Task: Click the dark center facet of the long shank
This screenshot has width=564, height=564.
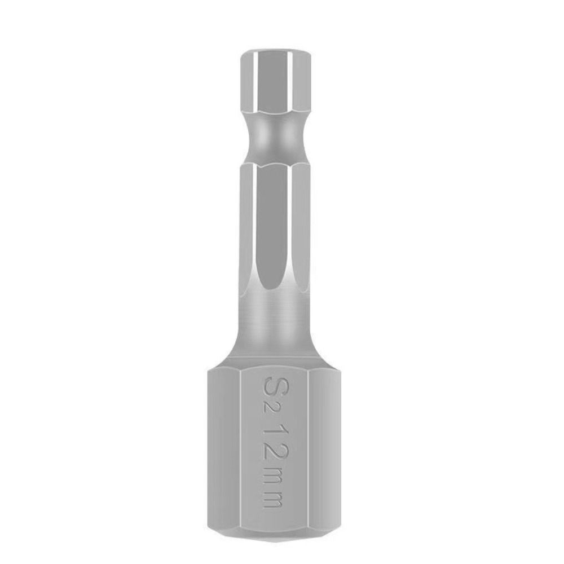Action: [275, 226]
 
